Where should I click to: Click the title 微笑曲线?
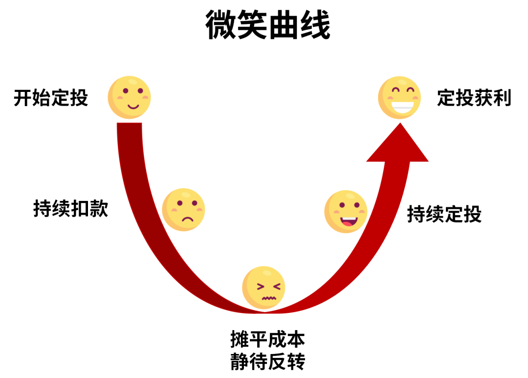click(x=268, y=25)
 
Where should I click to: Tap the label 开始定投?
click(x=51, y=98)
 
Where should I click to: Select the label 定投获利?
click(x=474, y=98)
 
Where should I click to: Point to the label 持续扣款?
click(x=71, y=209)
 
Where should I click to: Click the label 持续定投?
click(x=444, y=214)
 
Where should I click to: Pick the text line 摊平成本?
click(x=268, y=338)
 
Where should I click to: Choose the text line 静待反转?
click(x=268, y=362)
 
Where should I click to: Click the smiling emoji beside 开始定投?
click(x=129, y=97)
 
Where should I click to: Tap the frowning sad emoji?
click(x=183, y=209)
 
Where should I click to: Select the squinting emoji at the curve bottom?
click(x=264, y=288)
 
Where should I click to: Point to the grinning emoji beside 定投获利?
click(x=399, y=97)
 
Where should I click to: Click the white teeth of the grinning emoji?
click(x=400, y=105)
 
